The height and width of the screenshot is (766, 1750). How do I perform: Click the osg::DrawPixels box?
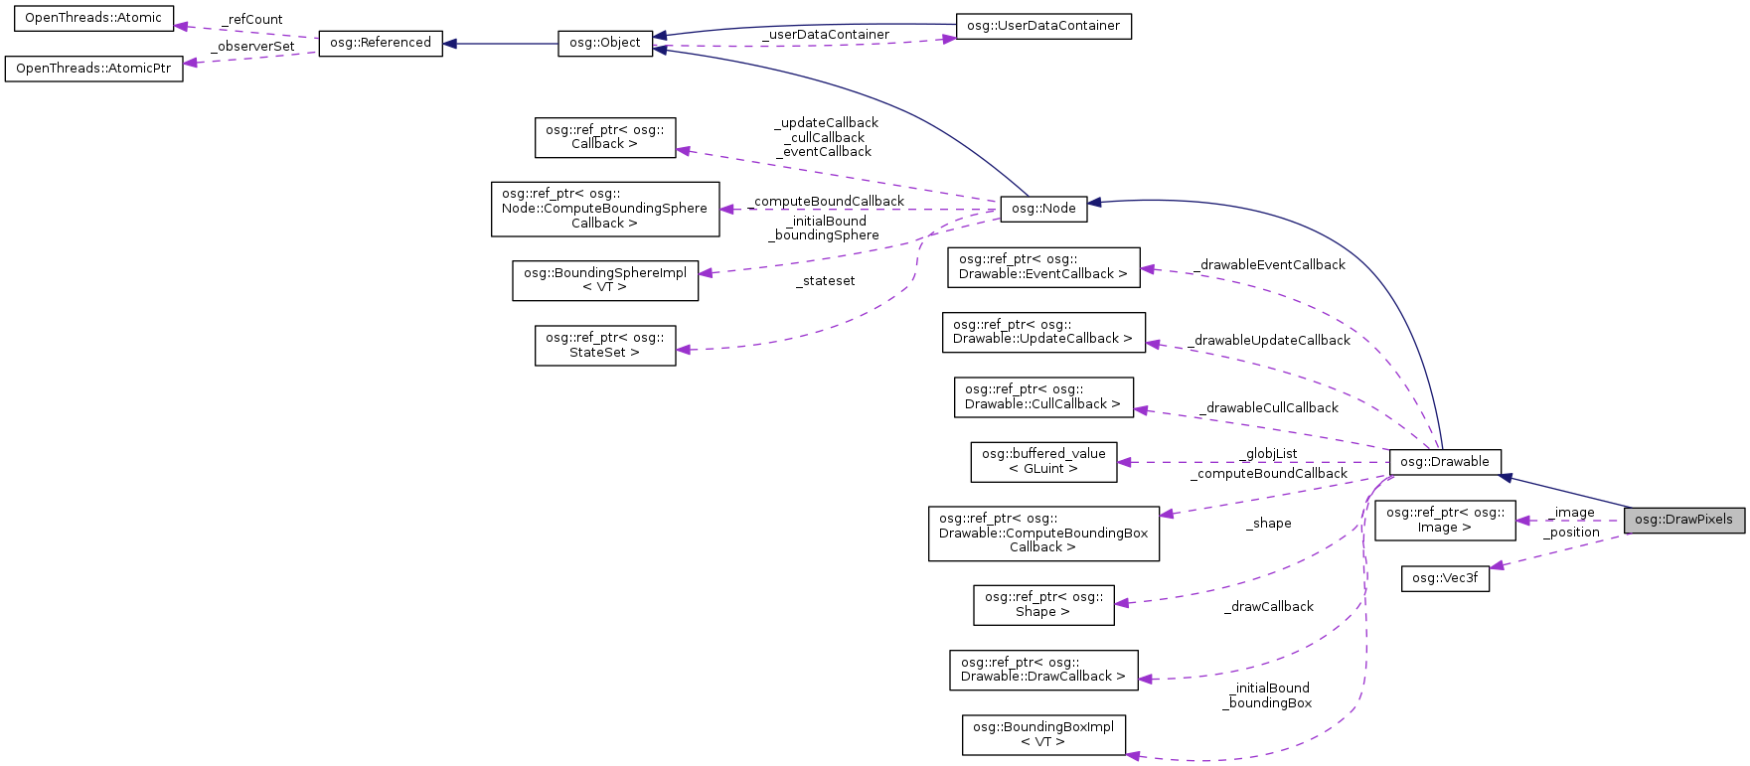click(x=1683, y=520)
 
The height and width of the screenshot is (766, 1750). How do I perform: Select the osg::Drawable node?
click(x=1444, y=462)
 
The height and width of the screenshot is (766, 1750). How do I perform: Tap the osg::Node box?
click(x=1043, y=209)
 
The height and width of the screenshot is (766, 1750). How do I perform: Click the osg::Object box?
click(x=605, y=44)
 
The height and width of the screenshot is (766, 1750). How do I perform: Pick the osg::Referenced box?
click(x=381, y=43)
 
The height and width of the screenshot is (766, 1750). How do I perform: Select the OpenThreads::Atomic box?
click(x=93, y=18)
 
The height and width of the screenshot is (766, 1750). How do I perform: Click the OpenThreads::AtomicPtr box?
click(x=93, y=69)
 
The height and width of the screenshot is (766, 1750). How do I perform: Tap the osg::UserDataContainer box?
click(x=1043, y=26)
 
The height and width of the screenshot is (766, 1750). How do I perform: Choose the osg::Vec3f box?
click(x=1445, y=578)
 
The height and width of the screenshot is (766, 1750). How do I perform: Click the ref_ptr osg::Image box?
click(x=1445, y=520)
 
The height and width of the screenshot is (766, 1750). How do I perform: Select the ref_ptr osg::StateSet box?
click(x=604, y=345)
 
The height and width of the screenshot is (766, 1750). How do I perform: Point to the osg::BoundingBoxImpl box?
click(x=1043, y=734)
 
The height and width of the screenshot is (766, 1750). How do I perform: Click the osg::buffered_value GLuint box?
click(x=1043, y=461)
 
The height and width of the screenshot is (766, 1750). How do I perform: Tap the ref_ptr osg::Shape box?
click(x=1043, y=604)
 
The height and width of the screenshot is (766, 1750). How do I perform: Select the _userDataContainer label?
click(x=826, y=35)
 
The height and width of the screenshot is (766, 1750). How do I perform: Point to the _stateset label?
click(x=825, y=281)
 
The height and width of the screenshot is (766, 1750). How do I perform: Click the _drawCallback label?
click(x=1269, y=607)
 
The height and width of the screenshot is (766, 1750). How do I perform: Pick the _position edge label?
click(x=1571, y=533)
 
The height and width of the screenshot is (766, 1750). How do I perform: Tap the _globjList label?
click(x=1269, y=454)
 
